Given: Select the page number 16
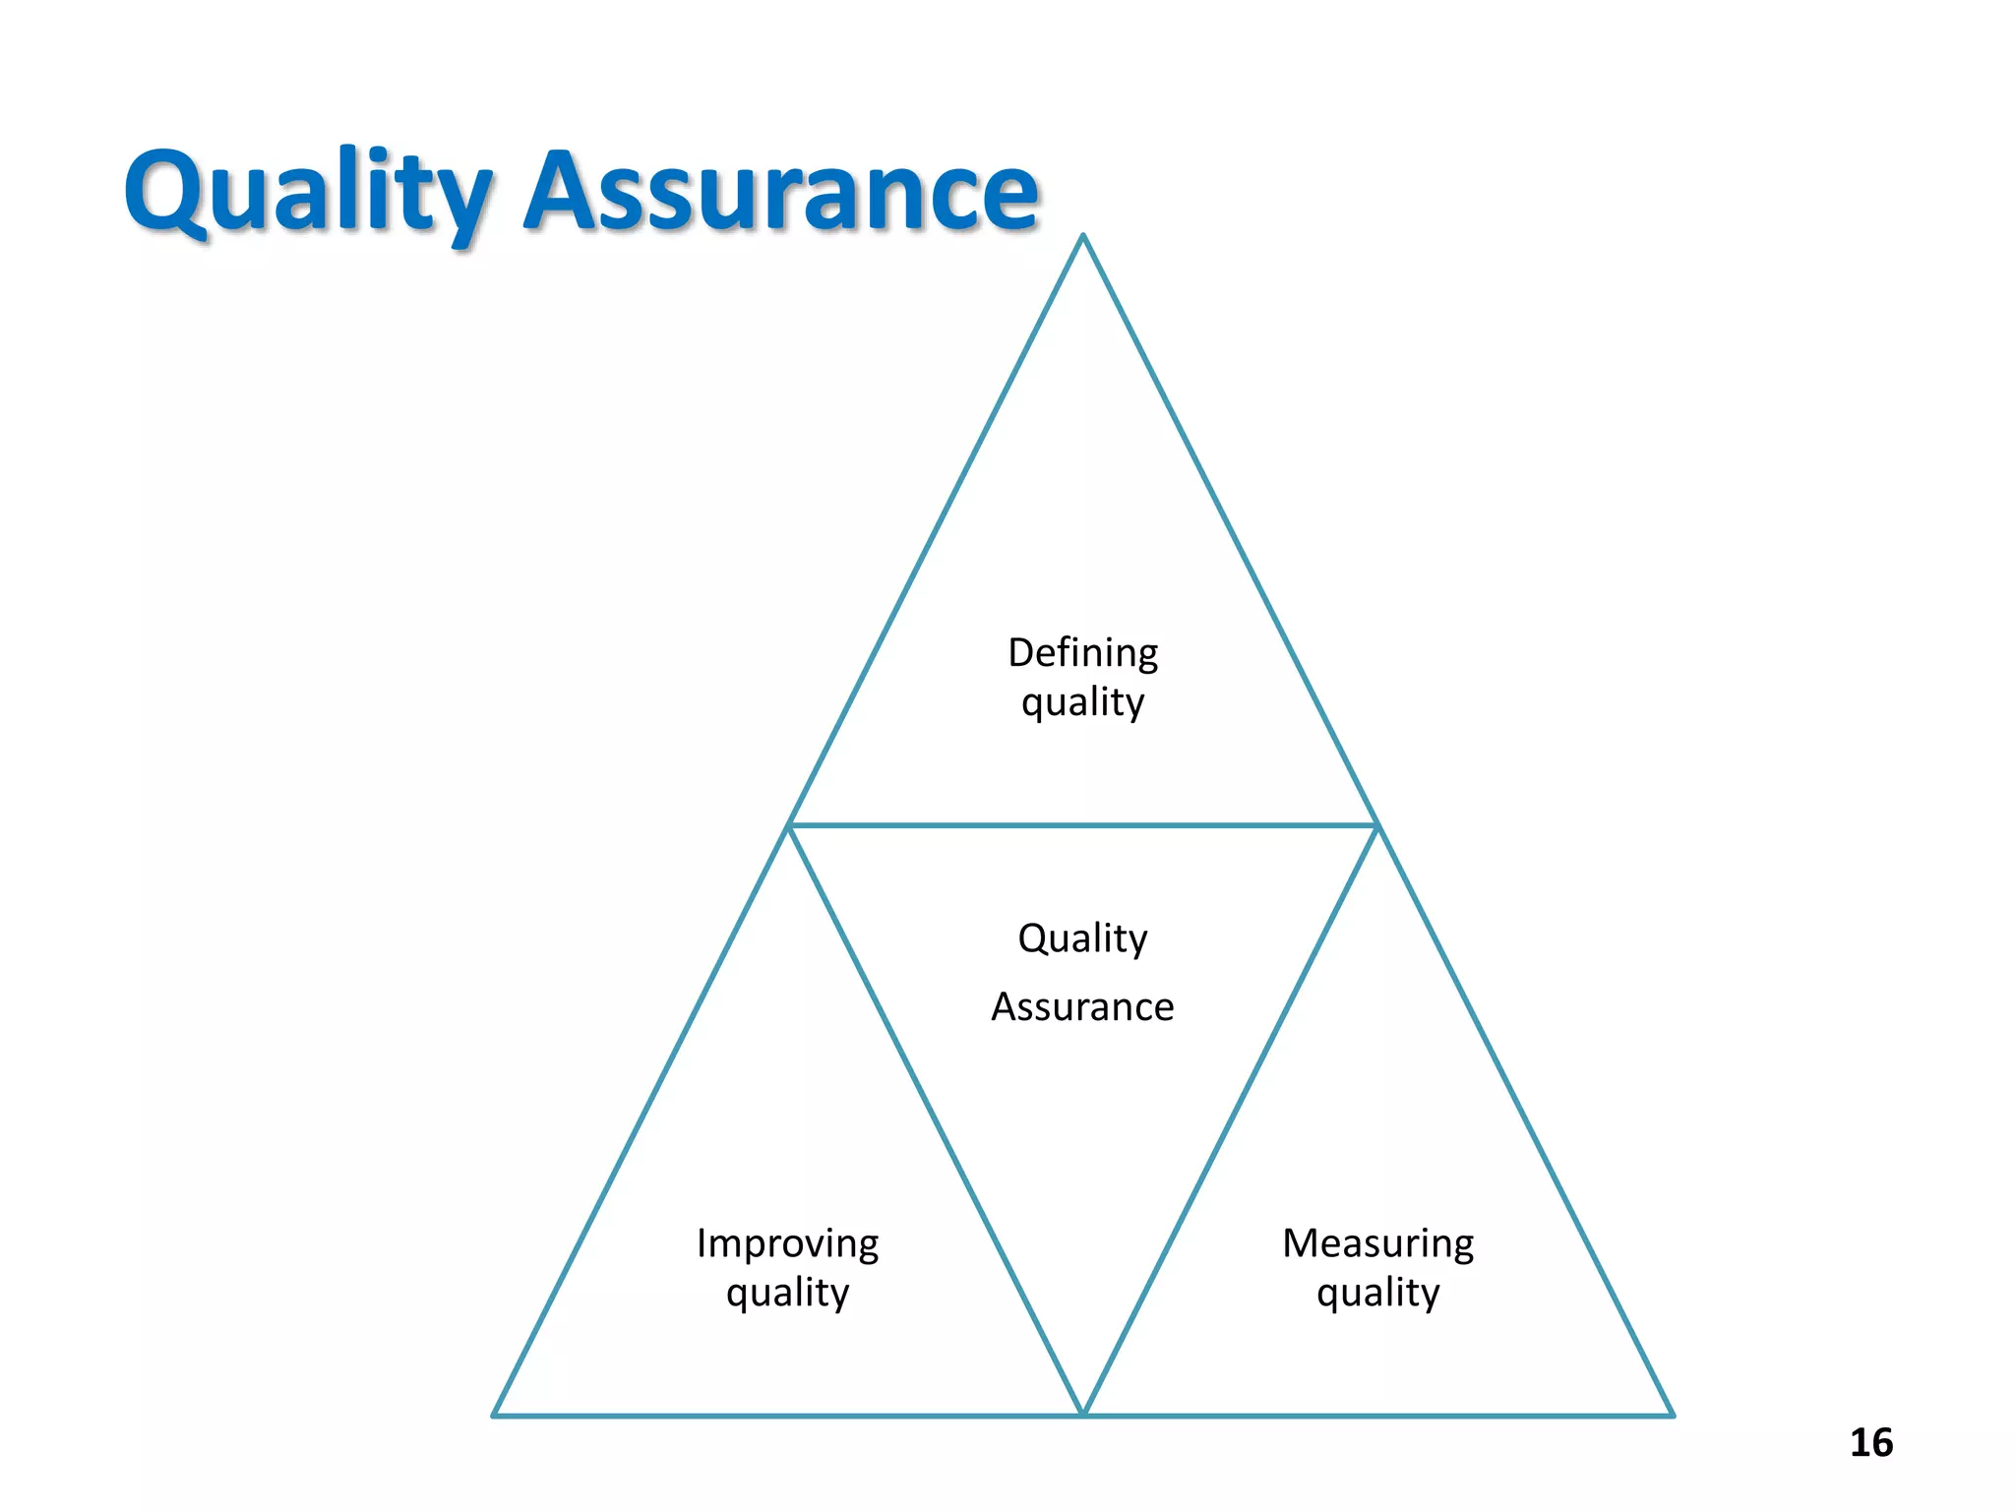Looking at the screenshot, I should point(1870,1443).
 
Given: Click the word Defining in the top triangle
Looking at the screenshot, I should point(1082,653).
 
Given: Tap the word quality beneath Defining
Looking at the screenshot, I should point(1082,703).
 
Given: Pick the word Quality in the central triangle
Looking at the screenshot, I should point(1082,938).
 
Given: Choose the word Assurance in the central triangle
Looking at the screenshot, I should point(1082,1007).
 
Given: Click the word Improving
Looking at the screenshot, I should point(787,1244).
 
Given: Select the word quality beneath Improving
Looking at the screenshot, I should point(787,1294).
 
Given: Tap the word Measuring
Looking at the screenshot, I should point(1377,1244).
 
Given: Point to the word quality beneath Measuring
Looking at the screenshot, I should point(1377,1294).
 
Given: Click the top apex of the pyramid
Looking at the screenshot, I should point(1083,236).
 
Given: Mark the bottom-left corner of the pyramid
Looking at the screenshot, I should point(494,1415).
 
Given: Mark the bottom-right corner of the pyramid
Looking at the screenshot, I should point(1672,1415).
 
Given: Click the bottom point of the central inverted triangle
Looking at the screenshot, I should point(1083,1413).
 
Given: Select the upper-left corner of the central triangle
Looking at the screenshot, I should point(790,825).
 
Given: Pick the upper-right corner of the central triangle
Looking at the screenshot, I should point(1375,825).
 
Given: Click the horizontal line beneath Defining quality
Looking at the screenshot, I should point(1082,825).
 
